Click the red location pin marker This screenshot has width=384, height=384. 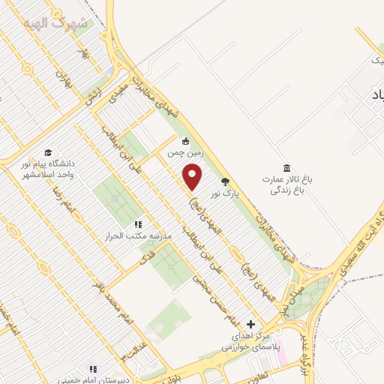coord(193,178)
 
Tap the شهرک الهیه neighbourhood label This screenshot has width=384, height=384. coord(61,23)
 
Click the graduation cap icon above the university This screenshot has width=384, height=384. coord(48,151)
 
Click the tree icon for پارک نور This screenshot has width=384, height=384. coord(225,181)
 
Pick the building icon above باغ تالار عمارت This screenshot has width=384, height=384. coord(286,167)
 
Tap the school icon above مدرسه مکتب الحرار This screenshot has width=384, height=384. coord(138,224)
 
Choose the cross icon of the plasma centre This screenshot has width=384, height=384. coord(250,324)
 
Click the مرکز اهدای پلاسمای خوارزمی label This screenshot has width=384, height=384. coord(250,342)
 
